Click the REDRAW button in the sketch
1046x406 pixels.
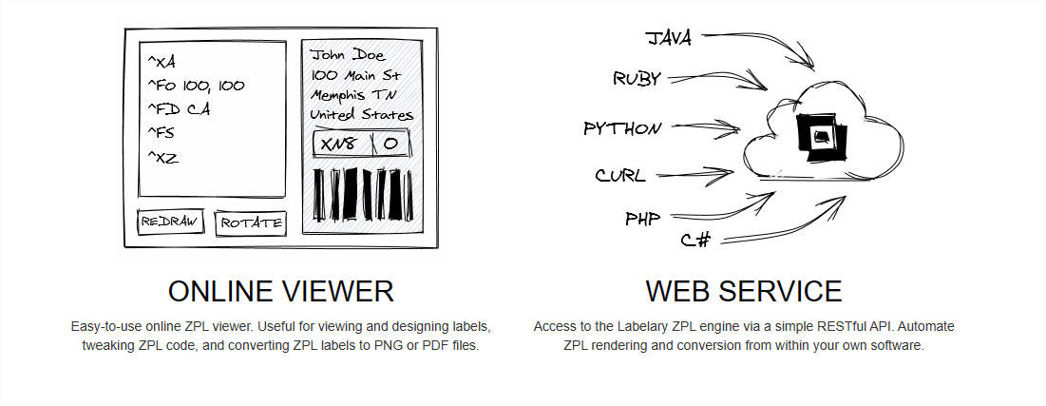(x=170, y=222)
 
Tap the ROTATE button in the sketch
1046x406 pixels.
(x=251, y=223)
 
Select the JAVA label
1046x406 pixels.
(x=669, y=38)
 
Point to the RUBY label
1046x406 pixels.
(x=637, y=79)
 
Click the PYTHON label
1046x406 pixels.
(x=622, y=128)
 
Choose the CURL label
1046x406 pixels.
(x=620, y=176)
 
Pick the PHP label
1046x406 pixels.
(x=643, y=219)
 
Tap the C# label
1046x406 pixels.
(x=695, y=240)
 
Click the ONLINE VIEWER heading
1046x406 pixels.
(x=281, y=292)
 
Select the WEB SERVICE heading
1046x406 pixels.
(x=744, y=292)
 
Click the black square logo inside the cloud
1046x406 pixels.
(x=821, y=137)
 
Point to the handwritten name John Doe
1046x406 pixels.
(x=349, y=55)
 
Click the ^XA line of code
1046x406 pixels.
(x=162, y=62)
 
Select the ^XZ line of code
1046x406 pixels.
(x=162, y=158)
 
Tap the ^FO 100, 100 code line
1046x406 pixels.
(x=196, y=86)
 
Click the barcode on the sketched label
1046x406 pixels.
(x=363, y=194)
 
